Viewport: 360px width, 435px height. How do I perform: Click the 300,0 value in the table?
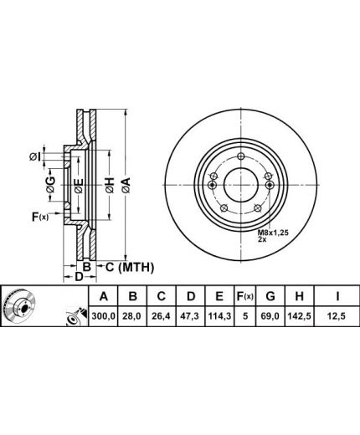[103, 316]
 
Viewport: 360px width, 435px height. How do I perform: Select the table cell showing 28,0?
[133, 316]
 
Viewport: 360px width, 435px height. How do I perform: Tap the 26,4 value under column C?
[162, 316]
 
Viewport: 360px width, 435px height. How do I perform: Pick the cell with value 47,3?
[191, 316]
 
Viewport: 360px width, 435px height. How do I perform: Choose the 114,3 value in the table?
[219, 316]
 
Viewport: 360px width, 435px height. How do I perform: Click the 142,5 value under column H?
[299, 316]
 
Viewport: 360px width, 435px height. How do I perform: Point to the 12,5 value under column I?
[337, 316]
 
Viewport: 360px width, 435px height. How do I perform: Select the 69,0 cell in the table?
[270, 316]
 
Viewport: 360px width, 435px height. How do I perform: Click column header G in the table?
[270, 296]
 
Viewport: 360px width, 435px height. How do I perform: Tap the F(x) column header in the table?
[245, 296]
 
